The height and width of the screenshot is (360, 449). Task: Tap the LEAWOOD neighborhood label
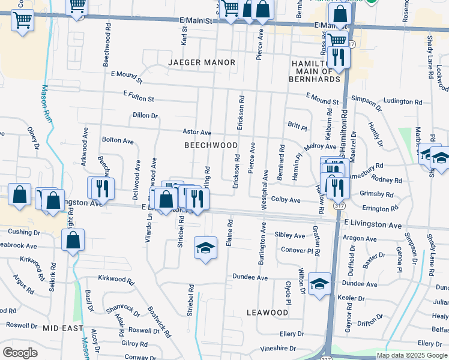268,313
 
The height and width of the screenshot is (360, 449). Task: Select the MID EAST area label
62,328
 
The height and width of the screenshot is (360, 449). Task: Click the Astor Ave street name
197,132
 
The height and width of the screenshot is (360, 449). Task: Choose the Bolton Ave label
118,140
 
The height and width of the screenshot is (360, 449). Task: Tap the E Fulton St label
139,95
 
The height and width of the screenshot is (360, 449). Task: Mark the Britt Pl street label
297,126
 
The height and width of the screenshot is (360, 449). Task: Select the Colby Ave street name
286,199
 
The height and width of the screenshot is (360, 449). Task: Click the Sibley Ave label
290,236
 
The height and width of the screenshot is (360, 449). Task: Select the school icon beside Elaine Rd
205,248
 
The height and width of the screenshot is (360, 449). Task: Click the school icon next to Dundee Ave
319,283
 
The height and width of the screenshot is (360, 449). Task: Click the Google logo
20,353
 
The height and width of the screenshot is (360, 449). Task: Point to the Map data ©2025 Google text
411,355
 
